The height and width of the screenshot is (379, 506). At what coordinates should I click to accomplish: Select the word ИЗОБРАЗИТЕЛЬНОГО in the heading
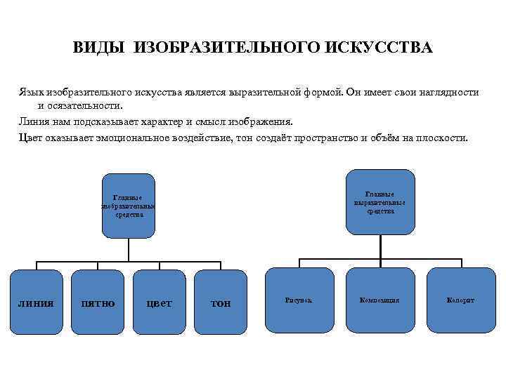click(x=226, y=48)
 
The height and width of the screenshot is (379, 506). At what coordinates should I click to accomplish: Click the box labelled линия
click(x=35, y=302)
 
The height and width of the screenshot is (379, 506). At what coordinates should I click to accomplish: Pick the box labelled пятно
click(x=99, y=302)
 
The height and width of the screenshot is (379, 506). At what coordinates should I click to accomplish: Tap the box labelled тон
click(x=221, y=302)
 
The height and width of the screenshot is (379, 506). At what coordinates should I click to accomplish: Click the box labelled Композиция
click(x=379, y=300)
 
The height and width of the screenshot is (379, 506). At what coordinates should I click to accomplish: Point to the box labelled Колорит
click(x=460, y=300)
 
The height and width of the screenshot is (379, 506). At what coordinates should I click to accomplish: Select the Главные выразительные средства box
click(x=379, y=202)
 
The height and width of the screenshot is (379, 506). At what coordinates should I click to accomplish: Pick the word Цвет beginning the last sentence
click(x=32, y=137)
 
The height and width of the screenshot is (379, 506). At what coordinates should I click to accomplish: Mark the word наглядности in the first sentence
click(x=450, y=93)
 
